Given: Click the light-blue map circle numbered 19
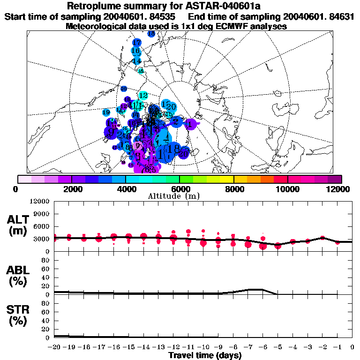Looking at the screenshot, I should pos(106,112).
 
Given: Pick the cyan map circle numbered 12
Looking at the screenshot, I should pos(143,95).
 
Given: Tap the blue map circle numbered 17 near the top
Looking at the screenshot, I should pos(137,43).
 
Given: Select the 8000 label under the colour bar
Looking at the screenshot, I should pos(233,189).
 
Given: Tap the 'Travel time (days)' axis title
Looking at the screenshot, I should pos(205,355).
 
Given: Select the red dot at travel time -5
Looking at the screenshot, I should pos(278,245).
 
